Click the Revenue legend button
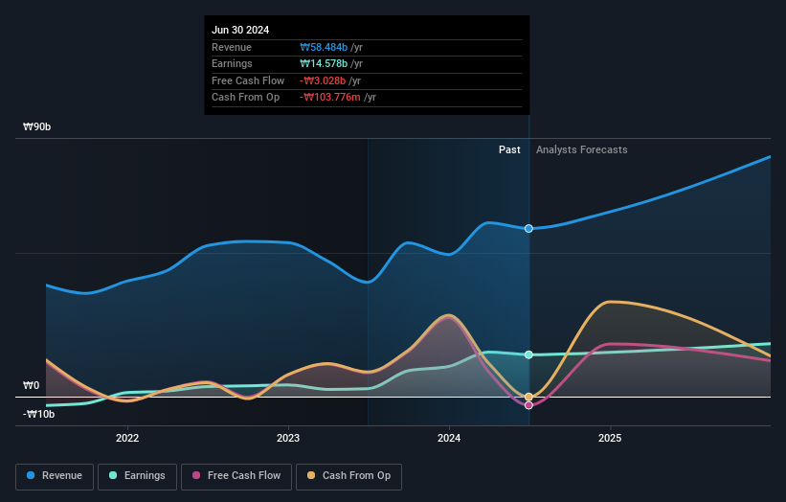coord(55,476)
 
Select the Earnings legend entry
coord(137,476)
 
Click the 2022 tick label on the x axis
coord(126,438)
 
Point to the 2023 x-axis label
coord(287,438)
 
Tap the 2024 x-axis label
coord(449,438)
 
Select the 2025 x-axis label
coord(610,438)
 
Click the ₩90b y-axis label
coord(37,126)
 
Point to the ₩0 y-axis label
coord(31,385)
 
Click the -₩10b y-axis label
coord(39,414)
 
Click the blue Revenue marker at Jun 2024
coord(528,228)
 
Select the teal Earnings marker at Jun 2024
coord(528,354)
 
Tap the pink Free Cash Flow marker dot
coord(528,405)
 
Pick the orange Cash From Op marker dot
coord(528,397)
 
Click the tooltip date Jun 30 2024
coord(240,30)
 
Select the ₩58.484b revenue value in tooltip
coord(324,47)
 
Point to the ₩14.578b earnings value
coord(324,64)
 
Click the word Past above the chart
coord(509,149)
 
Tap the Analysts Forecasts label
coord(582,149)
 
